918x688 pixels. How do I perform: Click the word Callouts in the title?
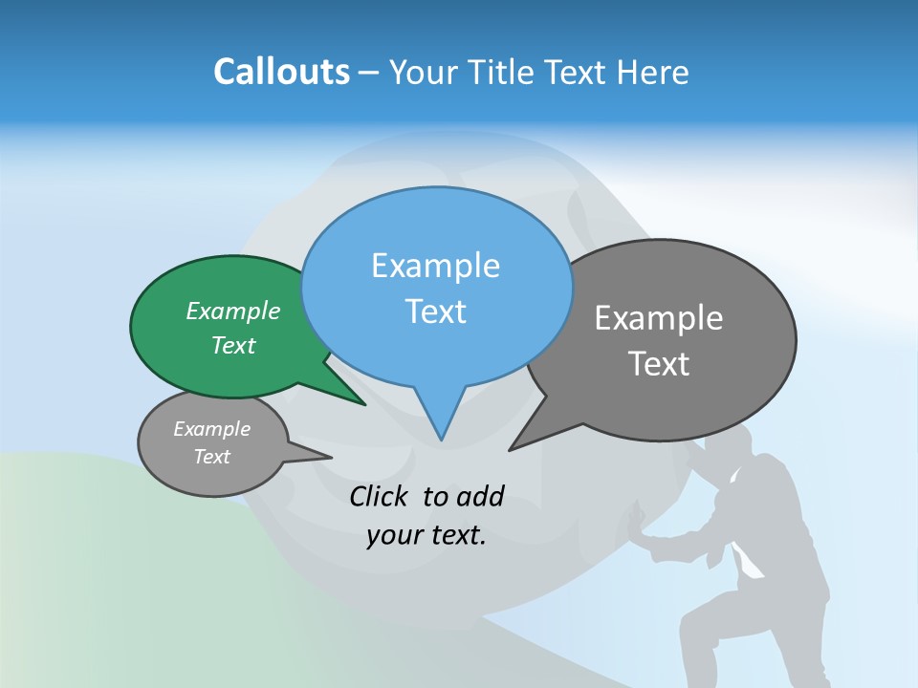(x=281, y=72)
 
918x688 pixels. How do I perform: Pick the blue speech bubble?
(x=436, y=287)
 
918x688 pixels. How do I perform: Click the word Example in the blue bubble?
(x=435, y=266)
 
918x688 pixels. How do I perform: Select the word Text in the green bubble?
(x=233, y=346)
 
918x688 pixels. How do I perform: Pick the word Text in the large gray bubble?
(x=659, y=364)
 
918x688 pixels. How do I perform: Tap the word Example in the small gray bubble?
(x=212, y=429)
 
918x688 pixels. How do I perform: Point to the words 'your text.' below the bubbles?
(x=426, y=535)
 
